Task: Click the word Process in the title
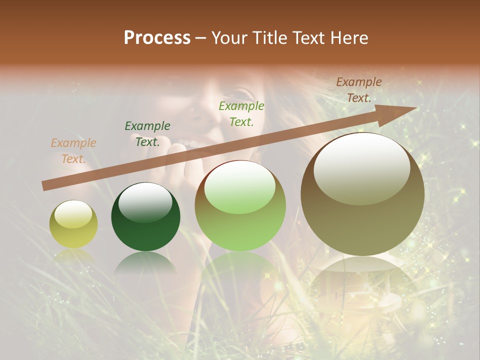pos(157,38)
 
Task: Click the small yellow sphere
pos(73,224)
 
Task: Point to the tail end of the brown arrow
pos(45,185)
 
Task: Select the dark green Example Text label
pos(147,134)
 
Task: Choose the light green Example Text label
pos(241,113)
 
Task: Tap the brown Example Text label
pos(359,90)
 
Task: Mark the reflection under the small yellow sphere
pos(73,255)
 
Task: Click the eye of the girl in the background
pos(244,93)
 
